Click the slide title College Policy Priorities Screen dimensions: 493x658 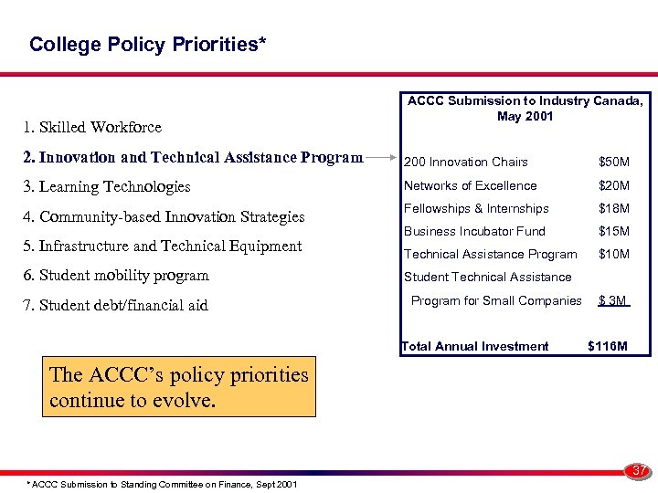[148, 45]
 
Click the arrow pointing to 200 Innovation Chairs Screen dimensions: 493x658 [382, 158]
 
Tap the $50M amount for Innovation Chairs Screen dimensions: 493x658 [613, 163]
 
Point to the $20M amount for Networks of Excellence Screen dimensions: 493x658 [613, 186]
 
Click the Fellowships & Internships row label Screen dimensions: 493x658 [476, 209]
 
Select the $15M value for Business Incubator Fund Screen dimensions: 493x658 [613, 232]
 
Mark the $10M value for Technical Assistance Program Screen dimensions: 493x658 [613, 255]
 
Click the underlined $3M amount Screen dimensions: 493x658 [612, 301]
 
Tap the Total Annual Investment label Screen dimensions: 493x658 [475, 346]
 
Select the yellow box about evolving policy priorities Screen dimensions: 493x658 [179, 387]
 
